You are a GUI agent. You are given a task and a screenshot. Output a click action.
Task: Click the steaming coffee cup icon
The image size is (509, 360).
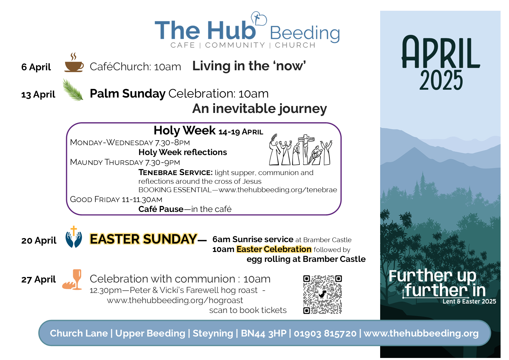click(x=74, y=62)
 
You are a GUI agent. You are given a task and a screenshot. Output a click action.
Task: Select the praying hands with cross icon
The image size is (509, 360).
click(x=74, y=237)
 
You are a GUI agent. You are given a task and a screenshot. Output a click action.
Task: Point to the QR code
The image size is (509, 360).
click(x=322, y=295)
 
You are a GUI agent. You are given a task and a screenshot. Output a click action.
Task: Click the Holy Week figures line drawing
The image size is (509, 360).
click(x=301, y=150)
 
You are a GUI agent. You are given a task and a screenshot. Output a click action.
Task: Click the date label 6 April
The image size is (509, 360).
click(x=36, y=67)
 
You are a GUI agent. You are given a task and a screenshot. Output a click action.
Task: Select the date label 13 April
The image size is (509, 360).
click(x=38, y=94)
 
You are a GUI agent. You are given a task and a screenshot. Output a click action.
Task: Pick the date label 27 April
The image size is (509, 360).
click(x=38, y=279)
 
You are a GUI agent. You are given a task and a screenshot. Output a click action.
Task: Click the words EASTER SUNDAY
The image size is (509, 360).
click(x=143, y=239)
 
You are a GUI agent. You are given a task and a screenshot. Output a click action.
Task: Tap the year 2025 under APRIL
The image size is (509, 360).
click(x=441, y=80)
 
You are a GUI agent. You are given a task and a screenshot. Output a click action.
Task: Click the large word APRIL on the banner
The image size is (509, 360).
click(x=441, y=53)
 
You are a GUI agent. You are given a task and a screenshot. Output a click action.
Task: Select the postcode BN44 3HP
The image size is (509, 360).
click(x=263, y=333)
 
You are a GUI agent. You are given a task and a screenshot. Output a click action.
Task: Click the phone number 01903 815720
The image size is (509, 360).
click(x=325, y=333)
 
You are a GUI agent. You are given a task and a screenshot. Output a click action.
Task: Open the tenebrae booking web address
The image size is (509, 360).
click(x=278, y=190)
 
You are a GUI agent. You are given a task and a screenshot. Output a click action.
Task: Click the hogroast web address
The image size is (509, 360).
click(x=175, y=300)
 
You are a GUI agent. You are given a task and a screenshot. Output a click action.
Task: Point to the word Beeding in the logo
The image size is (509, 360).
click(x=305, y=33)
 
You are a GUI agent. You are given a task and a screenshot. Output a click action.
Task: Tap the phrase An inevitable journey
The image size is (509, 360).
click(x=259, y=109)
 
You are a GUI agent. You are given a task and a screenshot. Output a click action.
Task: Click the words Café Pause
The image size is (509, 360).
click(x=161, y=209)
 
